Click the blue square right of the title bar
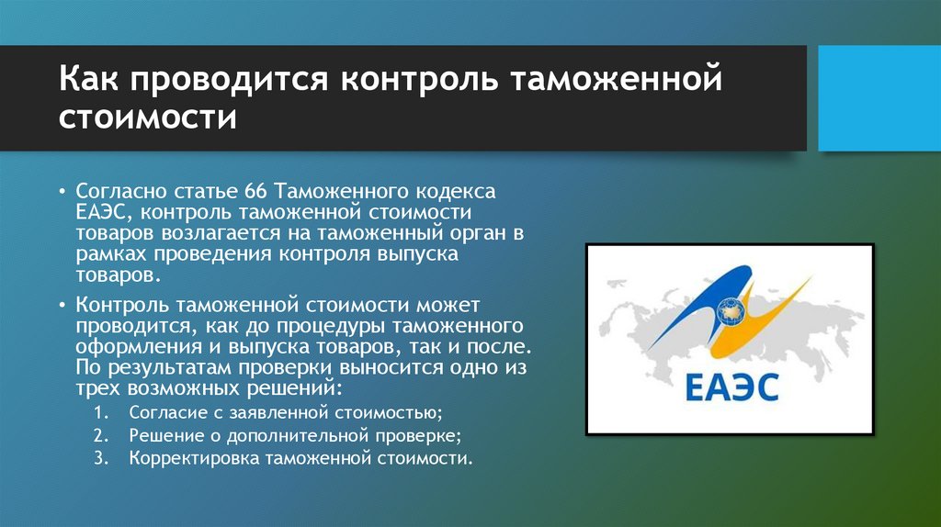[878, 99]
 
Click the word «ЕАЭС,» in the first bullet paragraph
[105, 212]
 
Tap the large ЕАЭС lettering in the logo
[731, 387]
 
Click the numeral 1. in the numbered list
[102, 411]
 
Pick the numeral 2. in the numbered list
[102, 434]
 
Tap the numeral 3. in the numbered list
[102, 457]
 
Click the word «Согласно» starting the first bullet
[115, 192]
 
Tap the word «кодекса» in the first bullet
[455, 192]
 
